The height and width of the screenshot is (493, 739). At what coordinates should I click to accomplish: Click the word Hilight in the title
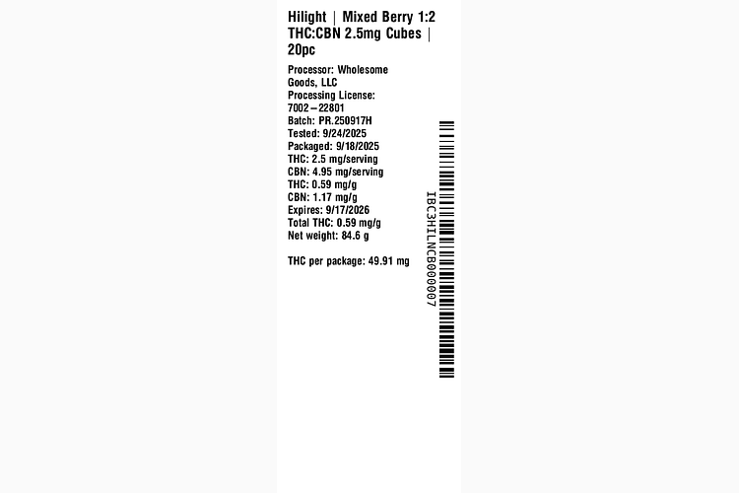pos(306,17)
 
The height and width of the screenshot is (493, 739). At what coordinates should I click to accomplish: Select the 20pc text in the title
pos(302,49)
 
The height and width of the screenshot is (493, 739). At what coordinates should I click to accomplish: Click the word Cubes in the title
pos(403,33)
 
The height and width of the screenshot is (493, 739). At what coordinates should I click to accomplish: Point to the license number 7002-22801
pos(316,108)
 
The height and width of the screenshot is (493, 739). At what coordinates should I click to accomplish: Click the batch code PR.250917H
pos(345,120)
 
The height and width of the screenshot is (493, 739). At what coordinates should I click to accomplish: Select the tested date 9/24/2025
pos(345,133)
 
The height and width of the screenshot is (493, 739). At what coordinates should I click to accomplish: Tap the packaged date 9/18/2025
pos(358,146)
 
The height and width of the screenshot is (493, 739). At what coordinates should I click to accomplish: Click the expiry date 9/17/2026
pos(348,210)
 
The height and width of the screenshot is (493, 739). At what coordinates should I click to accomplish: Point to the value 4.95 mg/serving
pos(348,173)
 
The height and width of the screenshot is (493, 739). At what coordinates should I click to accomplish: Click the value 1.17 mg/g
pos(335,197)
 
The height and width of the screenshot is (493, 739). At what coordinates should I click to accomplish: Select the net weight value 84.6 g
pos(356,236)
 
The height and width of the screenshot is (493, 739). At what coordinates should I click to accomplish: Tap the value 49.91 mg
pos(389,261)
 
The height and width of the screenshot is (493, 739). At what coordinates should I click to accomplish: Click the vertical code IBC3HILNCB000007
pos(431,249)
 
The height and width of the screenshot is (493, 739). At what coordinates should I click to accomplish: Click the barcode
pos(446,249)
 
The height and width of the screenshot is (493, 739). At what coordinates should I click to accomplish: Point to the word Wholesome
pos(363,70)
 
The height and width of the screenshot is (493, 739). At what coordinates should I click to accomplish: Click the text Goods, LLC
pos(312,83)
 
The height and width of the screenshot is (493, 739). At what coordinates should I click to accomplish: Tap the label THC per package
pos(326,261)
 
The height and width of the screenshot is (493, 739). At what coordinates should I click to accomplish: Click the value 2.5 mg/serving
pos(345,160)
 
